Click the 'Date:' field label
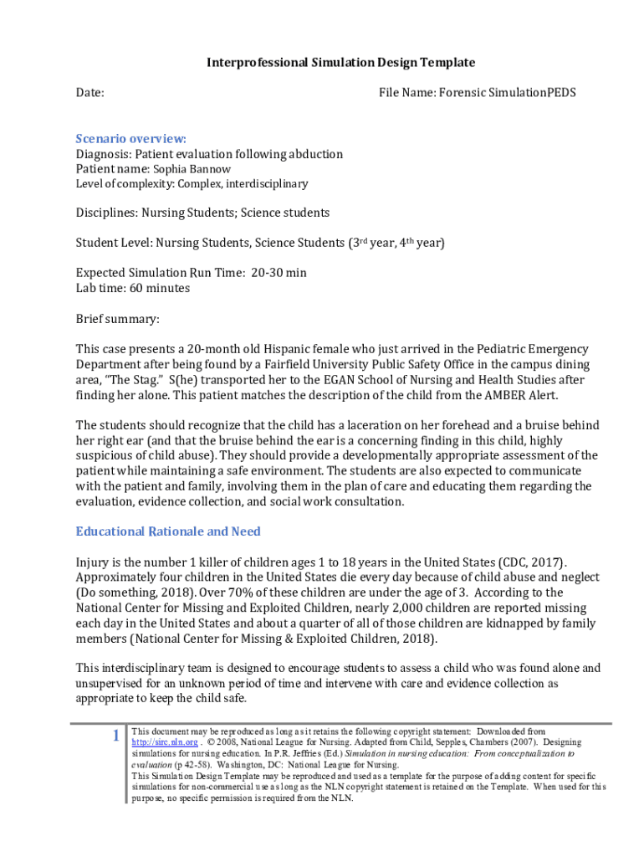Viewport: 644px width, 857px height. click(90, 93)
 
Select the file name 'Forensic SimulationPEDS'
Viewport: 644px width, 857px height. click(505, 93)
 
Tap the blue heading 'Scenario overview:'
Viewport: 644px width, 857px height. click(131, 139)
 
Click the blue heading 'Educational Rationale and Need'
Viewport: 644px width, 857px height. click(168, 531)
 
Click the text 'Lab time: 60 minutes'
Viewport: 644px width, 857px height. click(133, 288)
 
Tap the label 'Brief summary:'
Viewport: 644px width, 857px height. click(117, 319)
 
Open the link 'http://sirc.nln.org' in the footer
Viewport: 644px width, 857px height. click(165, 742)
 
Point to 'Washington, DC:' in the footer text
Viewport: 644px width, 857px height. click(227, 764)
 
